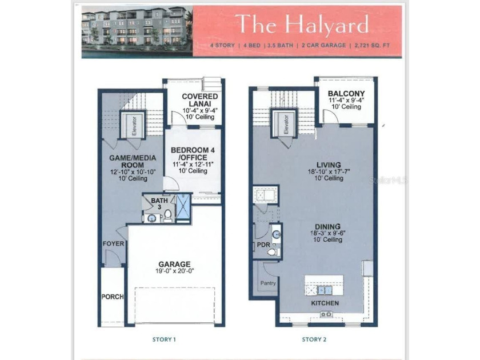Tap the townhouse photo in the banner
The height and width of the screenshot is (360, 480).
click(137, 31)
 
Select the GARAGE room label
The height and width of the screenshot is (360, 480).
click(174, 264)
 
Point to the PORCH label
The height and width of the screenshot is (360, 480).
click(113, 297)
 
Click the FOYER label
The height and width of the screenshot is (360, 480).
click(113, 244)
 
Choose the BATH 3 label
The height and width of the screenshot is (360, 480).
click(157, 203)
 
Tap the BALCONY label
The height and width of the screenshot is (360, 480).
click(346, 94)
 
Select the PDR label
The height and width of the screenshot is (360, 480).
click(263, 245)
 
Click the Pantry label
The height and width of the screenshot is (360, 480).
click(268, 283)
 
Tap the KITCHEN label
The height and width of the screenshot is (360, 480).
click(325, 303)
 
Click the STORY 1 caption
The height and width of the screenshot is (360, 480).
click(163, 339)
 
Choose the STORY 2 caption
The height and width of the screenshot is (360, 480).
click(314, 339)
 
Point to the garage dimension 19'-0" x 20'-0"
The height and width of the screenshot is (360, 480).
click(174, 272)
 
